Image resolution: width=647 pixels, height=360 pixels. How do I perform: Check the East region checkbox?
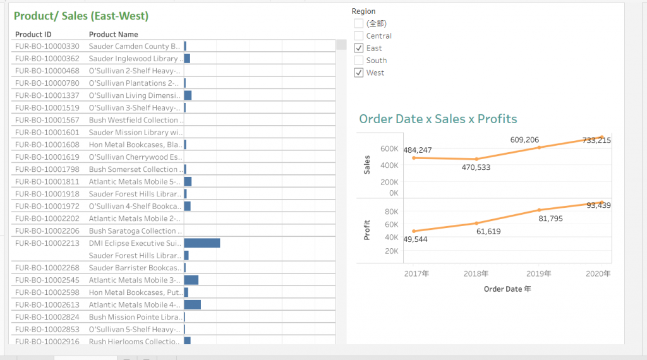[x=359, y=48]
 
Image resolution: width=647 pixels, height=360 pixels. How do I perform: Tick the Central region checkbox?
[x=359, y=36]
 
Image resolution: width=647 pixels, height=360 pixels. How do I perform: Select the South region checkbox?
[x=359, y=61]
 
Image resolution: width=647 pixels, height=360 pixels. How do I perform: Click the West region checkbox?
[x=359, y=73]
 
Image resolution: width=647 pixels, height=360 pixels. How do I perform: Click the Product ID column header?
[x=33, y=35]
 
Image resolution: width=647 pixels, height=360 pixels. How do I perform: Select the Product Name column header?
[x=113, y=35]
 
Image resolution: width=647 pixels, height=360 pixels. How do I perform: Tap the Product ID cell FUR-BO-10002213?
[x=47, y=243]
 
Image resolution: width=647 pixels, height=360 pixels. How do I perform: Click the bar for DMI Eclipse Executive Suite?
[x=202, y=243]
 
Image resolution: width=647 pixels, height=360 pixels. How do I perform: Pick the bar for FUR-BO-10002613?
[x=192, y=304]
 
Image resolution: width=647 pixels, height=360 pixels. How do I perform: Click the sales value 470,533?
[x=476, y=167]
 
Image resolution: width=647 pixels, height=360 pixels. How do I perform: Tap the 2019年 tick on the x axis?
[x=539, y=273]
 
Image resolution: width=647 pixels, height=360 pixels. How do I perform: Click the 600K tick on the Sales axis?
[x=389, y=149]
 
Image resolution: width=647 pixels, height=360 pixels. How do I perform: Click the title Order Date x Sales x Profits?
[x=438, y=119]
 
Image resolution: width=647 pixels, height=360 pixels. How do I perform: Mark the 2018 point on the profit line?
[x=476, y=223]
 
